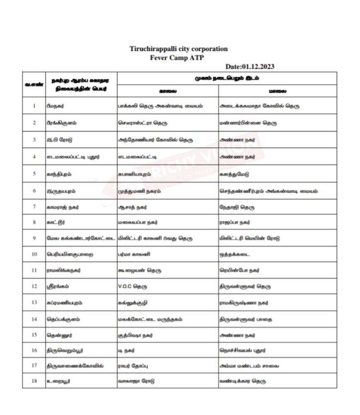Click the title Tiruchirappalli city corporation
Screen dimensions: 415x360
coord(178,49)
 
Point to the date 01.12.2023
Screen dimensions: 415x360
coord(250,66)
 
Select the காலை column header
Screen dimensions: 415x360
coord(168,91)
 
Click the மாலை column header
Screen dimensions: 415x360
coord(277,91)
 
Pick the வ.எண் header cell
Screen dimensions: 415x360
coord(34,84)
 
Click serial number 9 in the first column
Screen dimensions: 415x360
coord(34,238)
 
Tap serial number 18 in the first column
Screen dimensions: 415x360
coord(34,381)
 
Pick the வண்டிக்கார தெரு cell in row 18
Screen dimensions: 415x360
coord(242,381)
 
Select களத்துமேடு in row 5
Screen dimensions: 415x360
coord(235,174)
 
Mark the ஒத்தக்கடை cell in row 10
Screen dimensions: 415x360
coord(235,254)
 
